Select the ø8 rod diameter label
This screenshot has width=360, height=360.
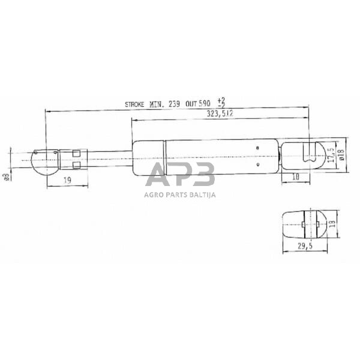tap(6, 175)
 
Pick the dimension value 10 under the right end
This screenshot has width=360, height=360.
tap(295, 176)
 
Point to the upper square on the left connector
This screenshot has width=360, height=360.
tap(76, 152)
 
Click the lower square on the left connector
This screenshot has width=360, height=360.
tap(76, 164)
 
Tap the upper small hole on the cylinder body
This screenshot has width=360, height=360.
tap(257, 147)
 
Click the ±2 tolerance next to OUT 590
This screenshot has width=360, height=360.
tap(221, 101)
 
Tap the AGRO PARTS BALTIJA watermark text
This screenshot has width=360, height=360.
tap(179, 194)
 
